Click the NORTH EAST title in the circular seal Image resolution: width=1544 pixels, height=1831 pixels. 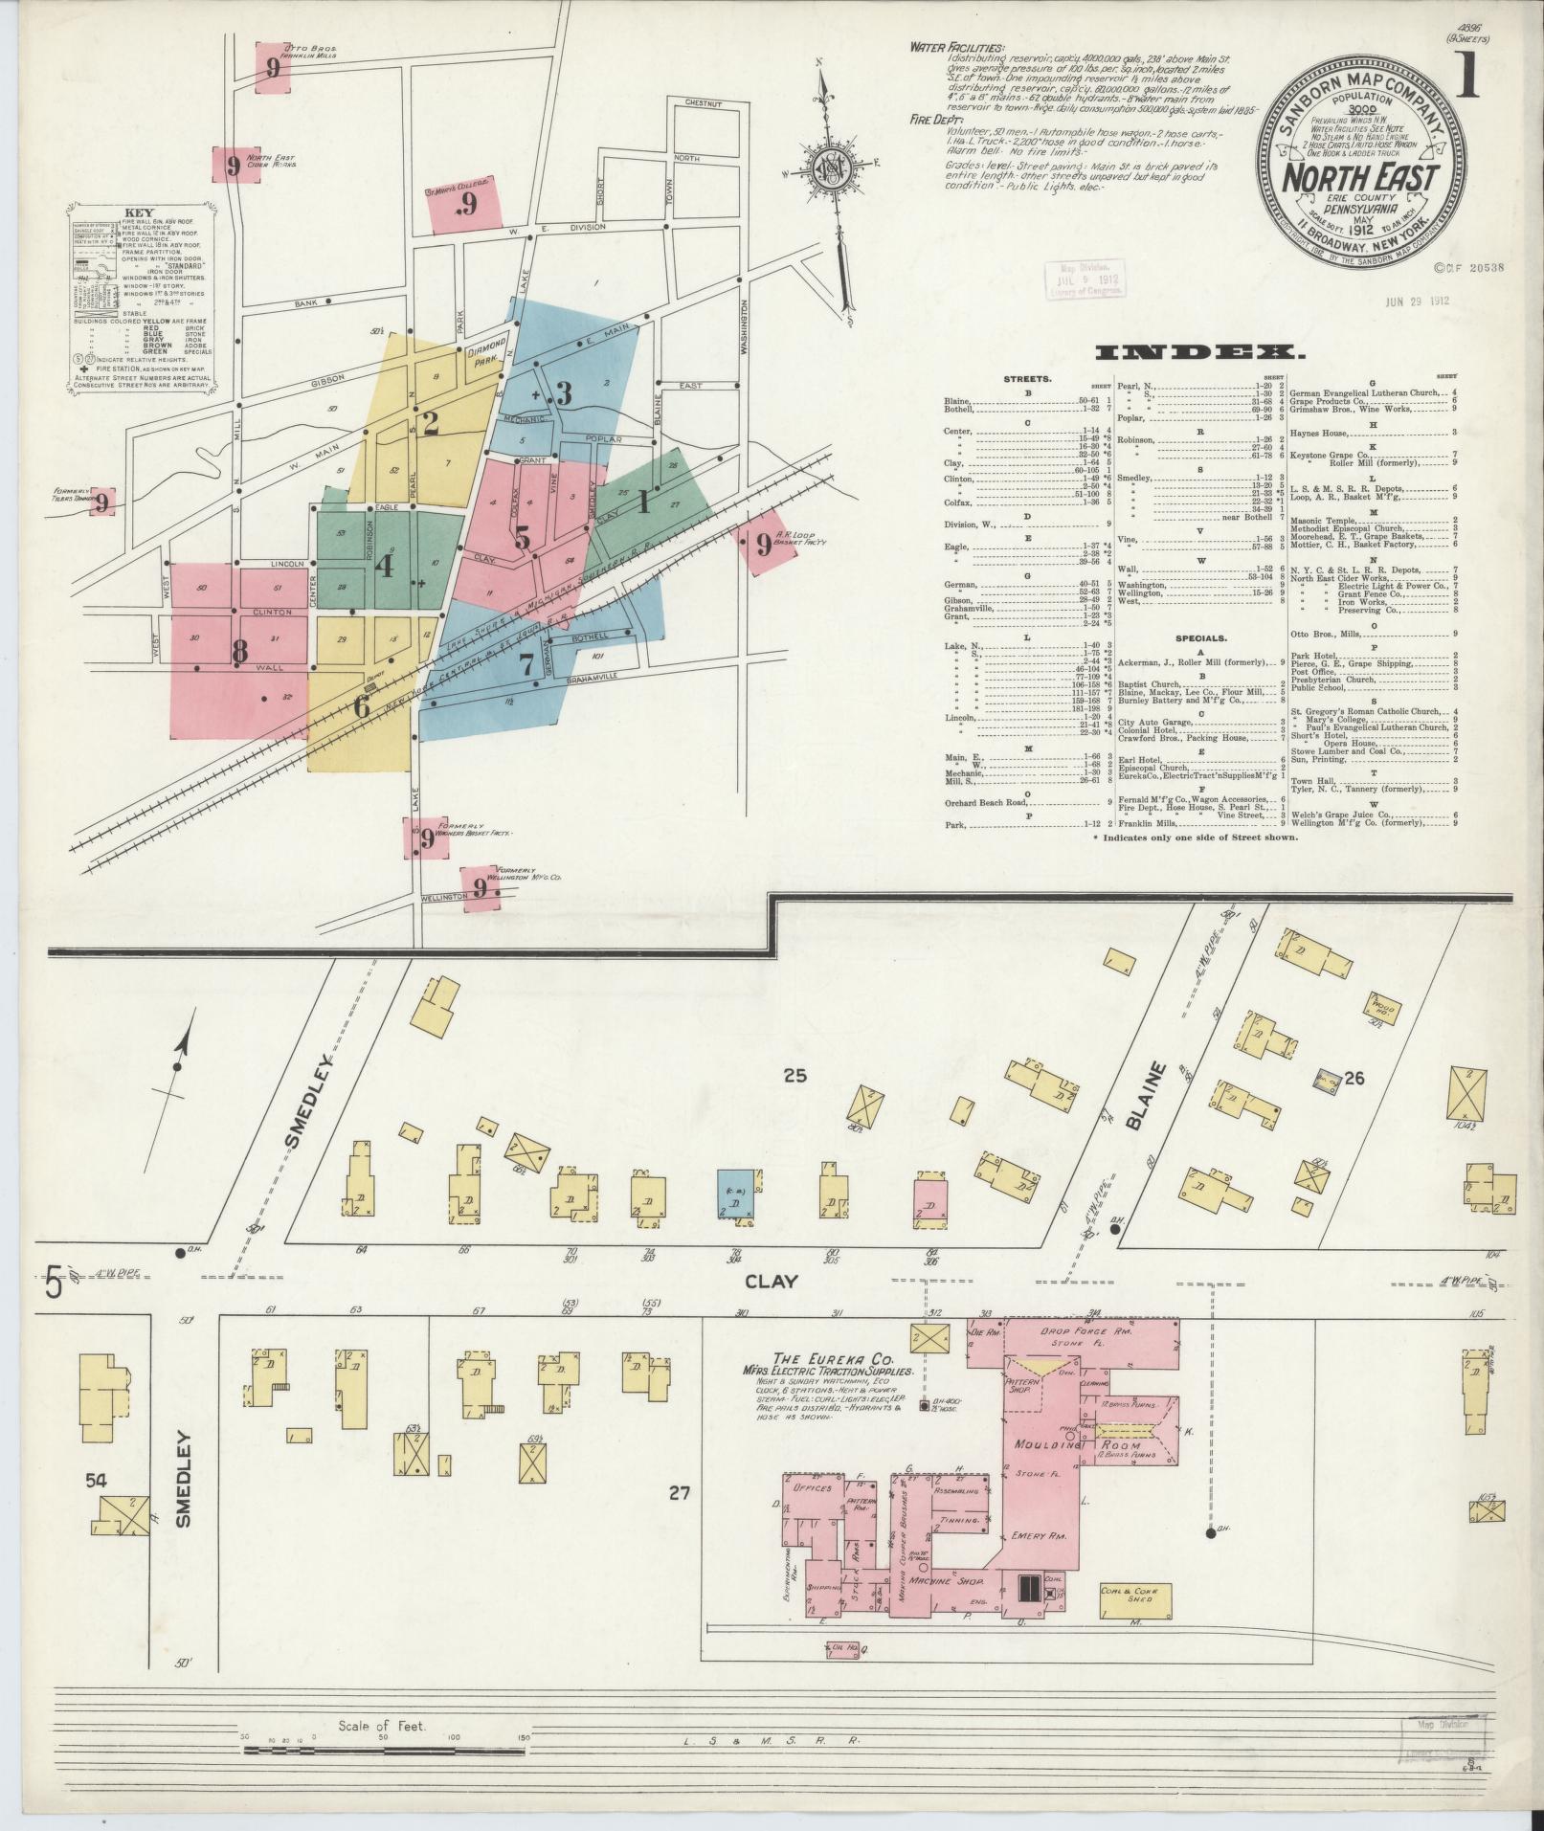coord(1360,178)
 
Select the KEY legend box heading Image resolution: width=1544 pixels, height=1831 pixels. coord(142,214)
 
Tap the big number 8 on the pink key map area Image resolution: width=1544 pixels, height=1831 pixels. coord(239,651)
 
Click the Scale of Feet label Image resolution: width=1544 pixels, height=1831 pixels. coord(381,1728)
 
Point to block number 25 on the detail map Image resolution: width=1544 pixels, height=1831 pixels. coord(794,1076)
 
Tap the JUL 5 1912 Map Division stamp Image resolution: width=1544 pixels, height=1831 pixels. coord(1085,279)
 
